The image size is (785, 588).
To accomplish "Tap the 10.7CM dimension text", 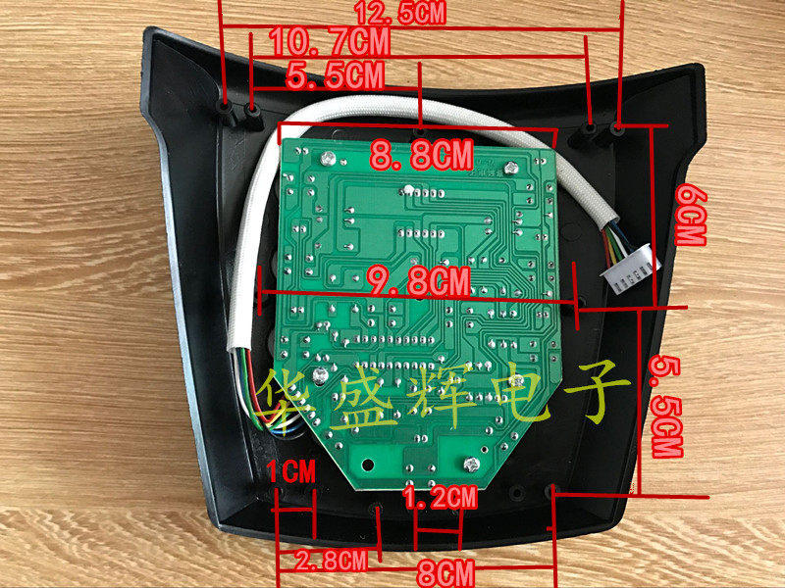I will tap(328, 42).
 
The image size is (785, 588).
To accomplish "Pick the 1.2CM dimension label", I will tap(440, 498).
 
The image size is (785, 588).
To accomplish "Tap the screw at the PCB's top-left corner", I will tap(326, 156).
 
